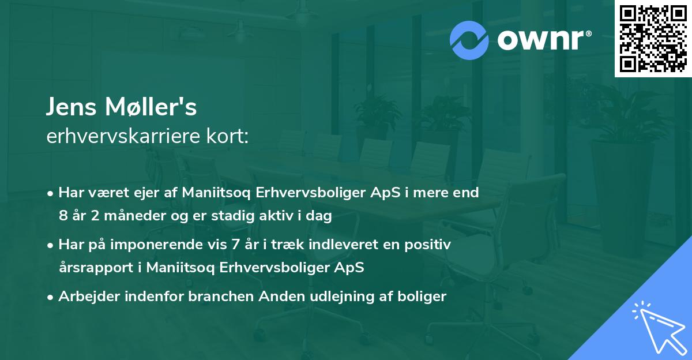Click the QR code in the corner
click(x=653, y=39)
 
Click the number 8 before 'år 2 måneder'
click(x=63, y=217)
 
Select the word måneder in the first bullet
click(x=132, y=217)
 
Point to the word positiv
click(x=428, y=245)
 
